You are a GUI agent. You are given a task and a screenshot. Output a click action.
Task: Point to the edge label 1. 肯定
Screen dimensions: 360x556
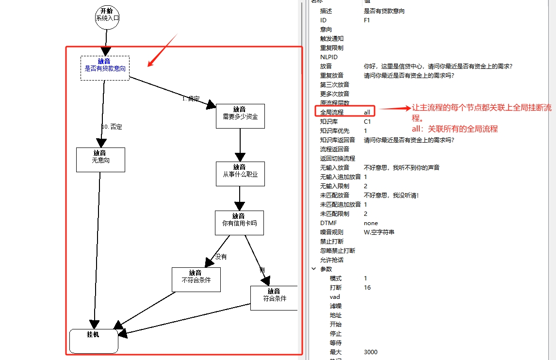(191, 98)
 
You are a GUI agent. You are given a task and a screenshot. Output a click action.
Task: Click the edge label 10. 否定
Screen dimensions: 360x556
(112, 127)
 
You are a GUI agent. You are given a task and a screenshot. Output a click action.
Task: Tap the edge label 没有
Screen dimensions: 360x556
(221, 257)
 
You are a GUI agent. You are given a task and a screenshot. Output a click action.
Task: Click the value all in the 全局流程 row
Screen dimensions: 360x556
(367, 112)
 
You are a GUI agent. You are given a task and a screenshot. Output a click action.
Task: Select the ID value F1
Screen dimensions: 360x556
(367, 20)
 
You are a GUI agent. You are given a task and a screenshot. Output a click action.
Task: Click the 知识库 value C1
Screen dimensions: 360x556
(367, 121)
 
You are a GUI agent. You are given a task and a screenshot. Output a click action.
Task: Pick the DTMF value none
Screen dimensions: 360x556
(371, 223)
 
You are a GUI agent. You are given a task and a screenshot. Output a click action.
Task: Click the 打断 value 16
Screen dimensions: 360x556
(367, 287)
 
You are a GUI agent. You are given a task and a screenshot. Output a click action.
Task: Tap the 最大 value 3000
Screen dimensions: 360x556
(371, 352)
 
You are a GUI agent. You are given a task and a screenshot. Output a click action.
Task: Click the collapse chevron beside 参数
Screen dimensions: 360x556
(313, 269)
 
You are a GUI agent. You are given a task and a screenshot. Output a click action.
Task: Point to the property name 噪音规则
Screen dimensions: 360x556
(332, 232)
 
